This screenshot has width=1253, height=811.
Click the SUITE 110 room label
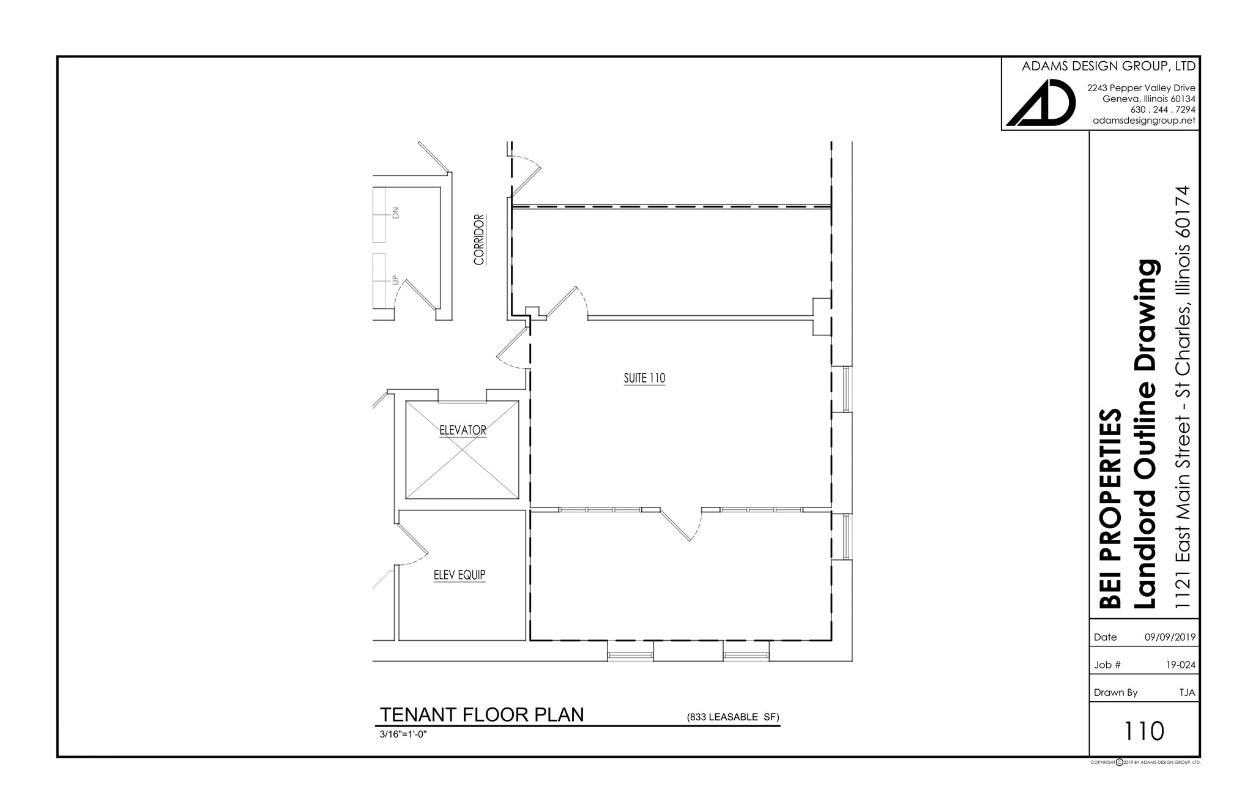(x=644, y=378)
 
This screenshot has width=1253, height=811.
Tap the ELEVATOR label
(x=463, y=430)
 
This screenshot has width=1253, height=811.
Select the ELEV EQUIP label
(x=459, y=575)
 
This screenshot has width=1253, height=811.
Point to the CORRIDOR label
(x=479, y=239)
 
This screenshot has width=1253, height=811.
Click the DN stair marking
(x=395, y=213)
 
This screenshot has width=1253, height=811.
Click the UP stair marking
(x=395, y=280)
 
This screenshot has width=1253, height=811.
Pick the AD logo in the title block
(x=1041, y=103)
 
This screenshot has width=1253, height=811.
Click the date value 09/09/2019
(x=1170, y=637)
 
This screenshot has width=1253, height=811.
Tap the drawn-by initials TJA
(x=1187, y=693)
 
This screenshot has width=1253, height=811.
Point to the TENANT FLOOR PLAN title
(x=481, y=715)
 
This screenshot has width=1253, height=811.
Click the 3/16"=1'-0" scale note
(x=403, y=734)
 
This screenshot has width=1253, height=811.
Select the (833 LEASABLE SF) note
(x=733, y=717)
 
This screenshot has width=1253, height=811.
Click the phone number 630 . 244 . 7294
(x=1163, y=110)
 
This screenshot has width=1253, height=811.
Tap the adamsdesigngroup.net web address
(x=1144, y=121)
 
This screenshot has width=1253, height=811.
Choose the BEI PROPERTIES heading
(x=1110, y=508)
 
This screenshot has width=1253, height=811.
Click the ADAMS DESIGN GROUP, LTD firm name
(x=1109, y=66)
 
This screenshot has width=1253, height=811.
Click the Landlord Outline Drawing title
(x=1145, y=435)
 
